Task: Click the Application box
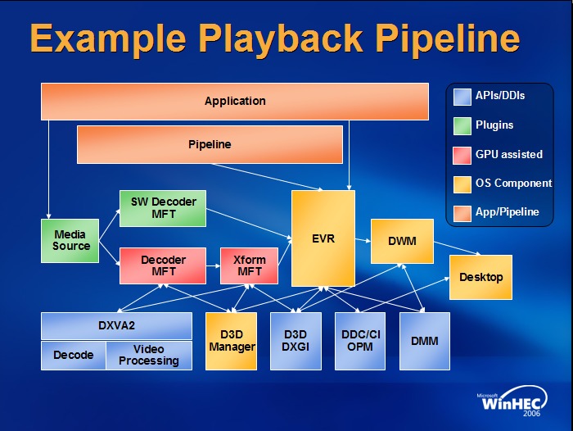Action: [x=235, y=101]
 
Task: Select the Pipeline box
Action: [x=210, y=144]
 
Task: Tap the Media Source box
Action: [x=71, y=240]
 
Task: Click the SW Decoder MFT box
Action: [x=164, y=208]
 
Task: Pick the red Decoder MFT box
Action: [x=164, y=266]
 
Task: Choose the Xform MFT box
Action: [x=250, y=266]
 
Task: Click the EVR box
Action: [x=323, y=238]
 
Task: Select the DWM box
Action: [x=401, y=242]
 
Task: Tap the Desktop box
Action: [x=481, y=277]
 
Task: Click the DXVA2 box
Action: [x=116, y=325]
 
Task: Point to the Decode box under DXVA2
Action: [x=74, y=356]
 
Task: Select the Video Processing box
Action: [x=149, y=356]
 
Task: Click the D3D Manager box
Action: [x=232, y=341]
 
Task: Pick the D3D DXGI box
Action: [x=295, y=341]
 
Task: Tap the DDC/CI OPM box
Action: [x=360, y=341]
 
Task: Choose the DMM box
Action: [x=424, y=341]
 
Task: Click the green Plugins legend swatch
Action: [x=461, y=125]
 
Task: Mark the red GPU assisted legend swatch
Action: [x=461, y=154]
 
